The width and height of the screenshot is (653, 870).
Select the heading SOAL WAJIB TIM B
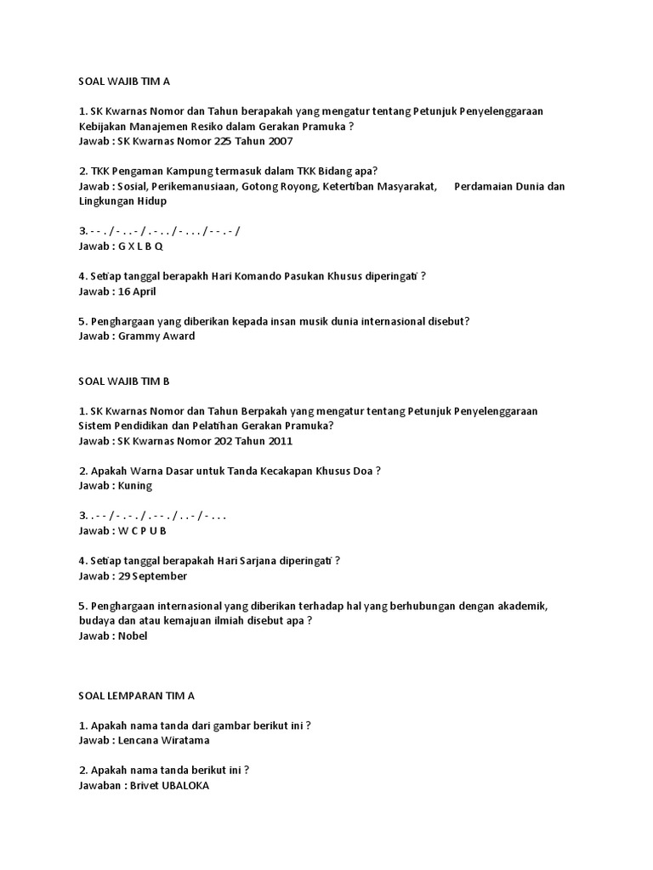pos(124,381)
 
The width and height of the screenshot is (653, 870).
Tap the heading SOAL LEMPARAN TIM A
pos(136,695)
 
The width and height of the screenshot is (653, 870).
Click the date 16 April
pos(137,291)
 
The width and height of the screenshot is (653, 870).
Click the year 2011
pos(281,441)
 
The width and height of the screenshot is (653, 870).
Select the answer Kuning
pos(135,486)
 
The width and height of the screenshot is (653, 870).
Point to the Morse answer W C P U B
pos(141,531)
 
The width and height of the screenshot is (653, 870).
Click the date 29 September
pos(152,576)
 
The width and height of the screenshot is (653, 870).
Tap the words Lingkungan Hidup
pos(122,201)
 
